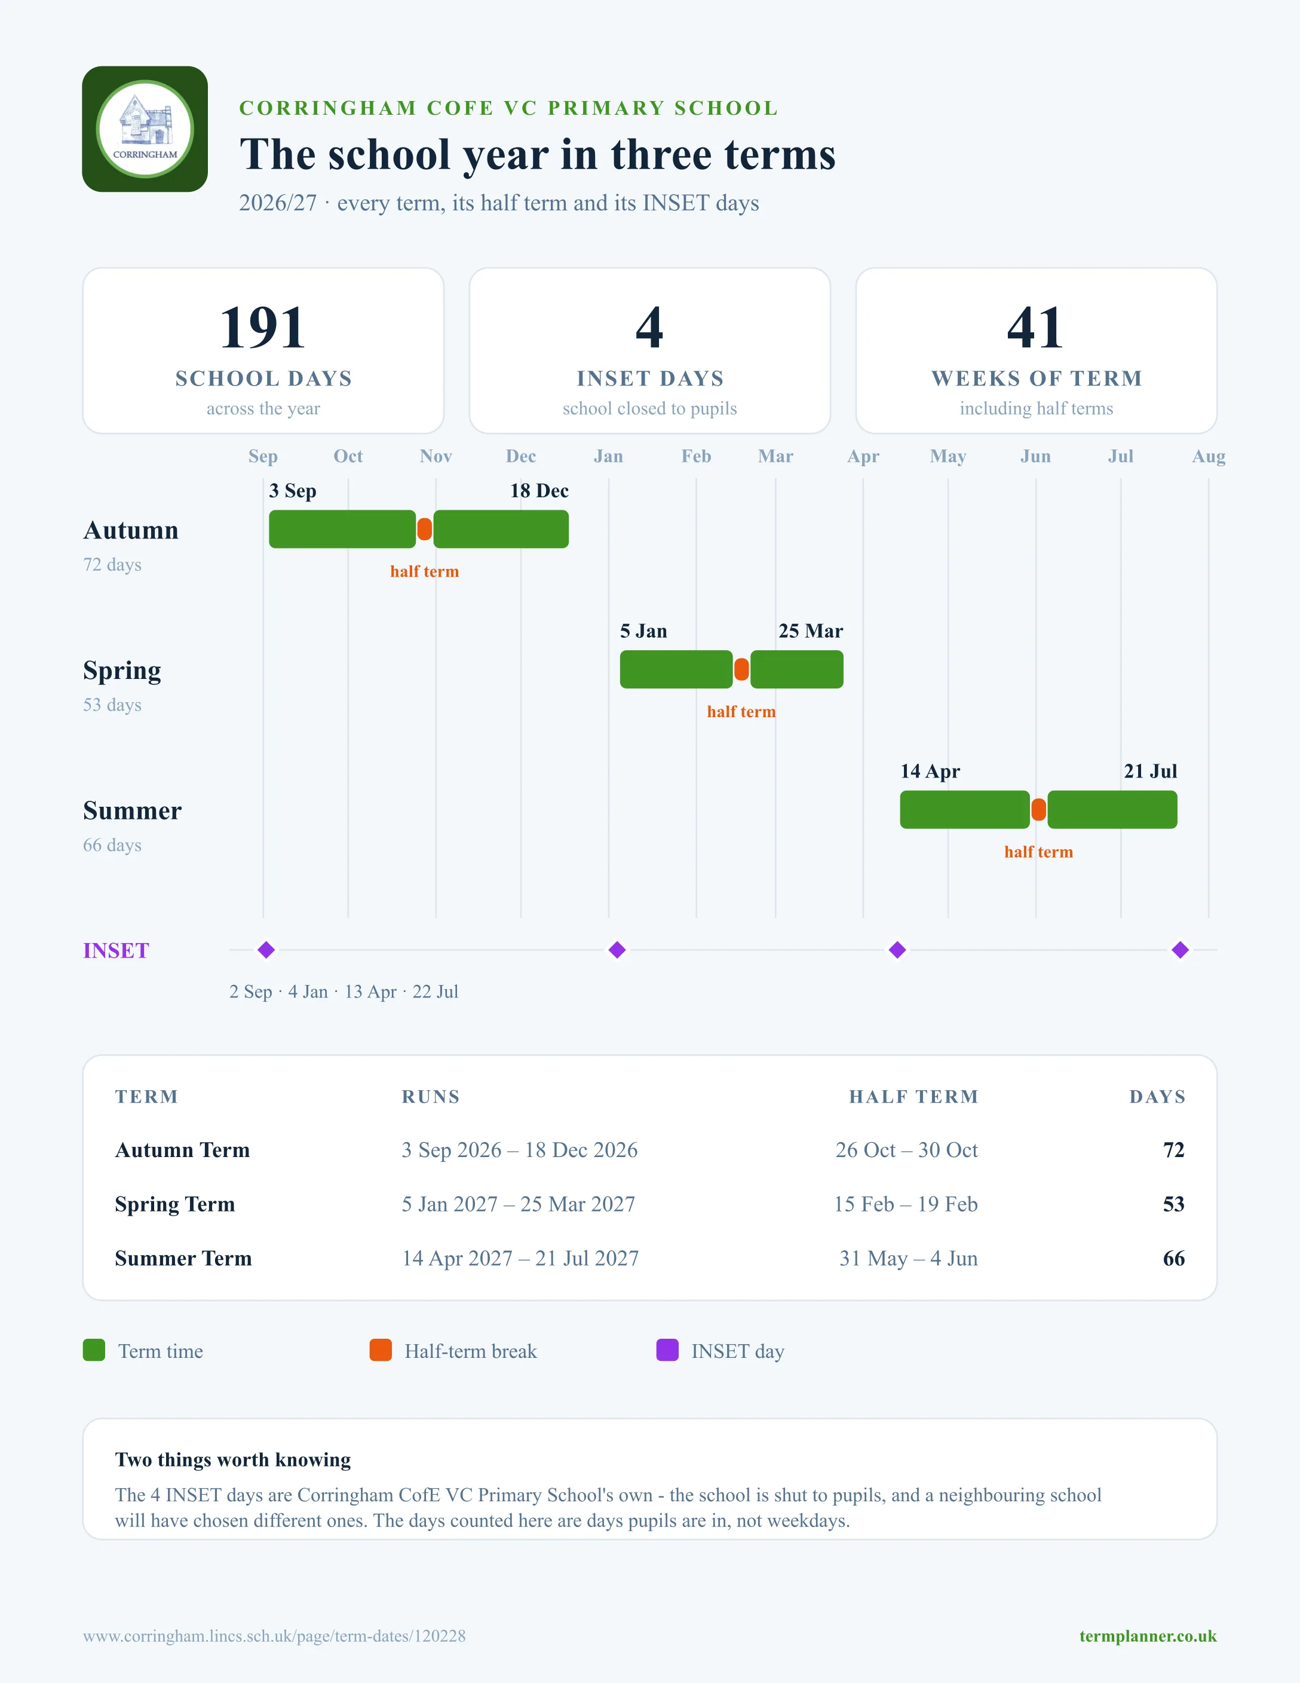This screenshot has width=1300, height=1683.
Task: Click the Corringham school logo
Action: point(145,128)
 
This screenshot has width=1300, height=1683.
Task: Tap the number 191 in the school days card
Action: point(263,328)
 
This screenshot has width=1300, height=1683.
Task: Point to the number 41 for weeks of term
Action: point(1036,328)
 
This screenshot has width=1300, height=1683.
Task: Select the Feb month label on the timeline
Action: point(696,456)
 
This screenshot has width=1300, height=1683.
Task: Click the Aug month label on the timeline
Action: point(1209,456)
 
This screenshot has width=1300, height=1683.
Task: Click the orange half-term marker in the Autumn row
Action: point(424,530)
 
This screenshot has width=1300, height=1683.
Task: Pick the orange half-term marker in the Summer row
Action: point(1039,810)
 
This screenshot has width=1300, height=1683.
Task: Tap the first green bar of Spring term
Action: point(676,669)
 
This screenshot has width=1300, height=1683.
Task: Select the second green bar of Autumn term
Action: point(501,530)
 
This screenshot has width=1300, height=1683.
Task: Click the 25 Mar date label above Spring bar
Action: point(810,631)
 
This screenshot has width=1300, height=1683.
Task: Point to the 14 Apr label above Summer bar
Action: point(930,772)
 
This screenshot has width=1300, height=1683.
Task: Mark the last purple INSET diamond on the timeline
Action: point(1180,950)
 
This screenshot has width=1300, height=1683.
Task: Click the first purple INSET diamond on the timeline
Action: point(266,950)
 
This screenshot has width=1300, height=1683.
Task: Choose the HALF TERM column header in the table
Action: point(913,1097)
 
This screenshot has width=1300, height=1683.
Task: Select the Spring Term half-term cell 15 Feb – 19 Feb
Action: point(906,1204)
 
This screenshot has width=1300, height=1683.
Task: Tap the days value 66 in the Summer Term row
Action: point(1174,1259)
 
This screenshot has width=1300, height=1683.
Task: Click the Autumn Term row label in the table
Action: point(183,1150)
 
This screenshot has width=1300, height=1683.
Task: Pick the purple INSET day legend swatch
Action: point(667,1350)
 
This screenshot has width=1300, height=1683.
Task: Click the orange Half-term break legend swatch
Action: point(381,1350)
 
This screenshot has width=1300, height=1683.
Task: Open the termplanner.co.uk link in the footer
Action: point(1148,1636)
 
